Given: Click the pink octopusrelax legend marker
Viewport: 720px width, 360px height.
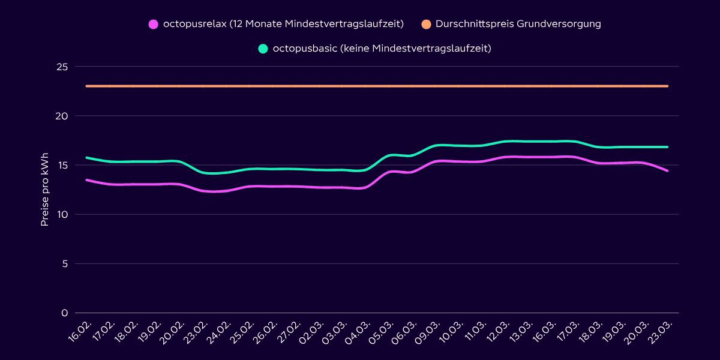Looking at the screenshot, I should pos(154,24).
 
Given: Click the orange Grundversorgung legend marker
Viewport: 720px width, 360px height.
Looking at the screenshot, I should pos(426,24).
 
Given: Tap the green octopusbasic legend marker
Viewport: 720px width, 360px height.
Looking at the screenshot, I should pos(263,49).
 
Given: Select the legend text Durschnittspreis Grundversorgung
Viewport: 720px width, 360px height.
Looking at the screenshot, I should pos(518,24).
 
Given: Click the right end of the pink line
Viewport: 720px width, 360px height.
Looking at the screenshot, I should pos(667,170).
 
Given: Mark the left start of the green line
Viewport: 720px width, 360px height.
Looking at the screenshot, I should pos(87,158).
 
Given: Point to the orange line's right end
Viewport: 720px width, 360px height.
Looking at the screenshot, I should pos(667,86).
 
